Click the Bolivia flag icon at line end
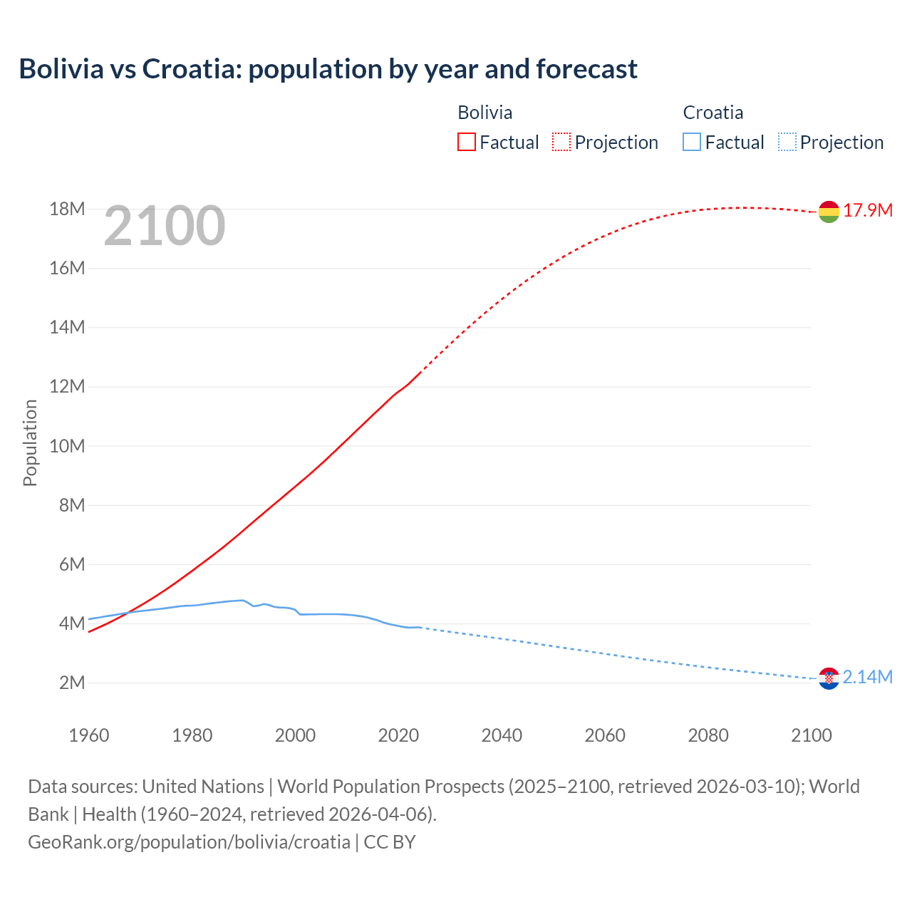(x=829, y=212)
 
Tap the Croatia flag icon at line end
(x=829, y=679)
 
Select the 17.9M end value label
(x=868, y=210)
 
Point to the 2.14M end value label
(x=867, y=677)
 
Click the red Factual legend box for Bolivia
(x=466, y=142)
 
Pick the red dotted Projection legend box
(x=561, y=142)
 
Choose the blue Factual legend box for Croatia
(x=692, y=142)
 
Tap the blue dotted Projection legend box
(x=787, y=142)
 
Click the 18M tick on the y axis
(x=67, y=209)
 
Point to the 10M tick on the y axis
(x=67, y=446)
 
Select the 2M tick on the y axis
(x=71, y=683)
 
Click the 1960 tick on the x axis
(x=89, y=735)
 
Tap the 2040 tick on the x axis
(x=502, y=735)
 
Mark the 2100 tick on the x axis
(x=812, y=735)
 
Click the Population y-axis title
(x=30, y=442)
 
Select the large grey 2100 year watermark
(x=165, y=226)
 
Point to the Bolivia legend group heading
(x=484, y=113)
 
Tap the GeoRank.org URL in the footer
(x=189, y=841)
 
